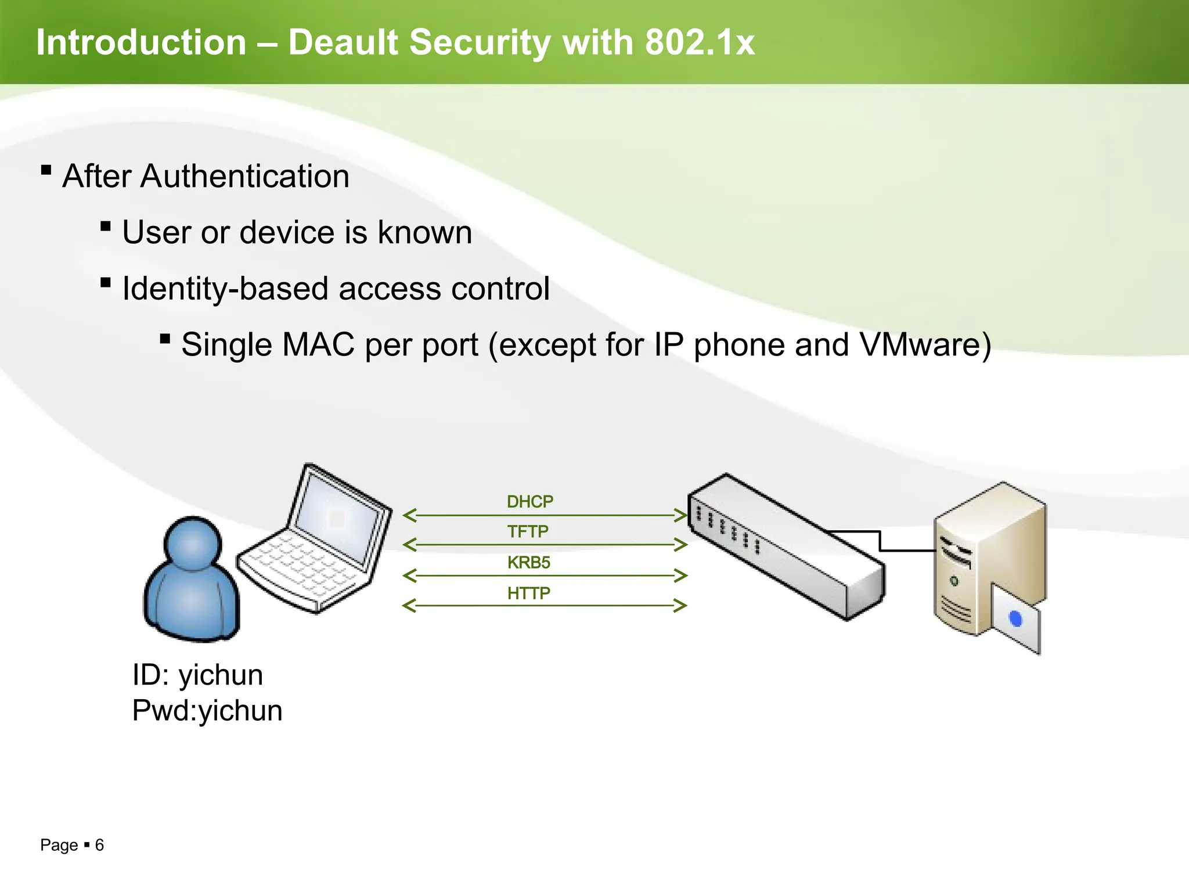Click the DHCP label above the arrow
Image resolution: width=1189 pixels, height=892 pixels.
coord(529,502)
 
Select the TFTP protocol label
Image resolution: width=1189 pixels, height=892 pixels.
coord(528,531)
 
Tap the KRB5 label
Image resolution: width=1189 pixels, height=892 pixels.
coord(528,562)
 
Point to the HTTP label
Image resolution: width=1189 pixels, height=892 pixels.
coord(528,593)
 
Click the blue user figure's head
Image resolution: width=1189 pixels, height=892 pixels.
coord(193,544)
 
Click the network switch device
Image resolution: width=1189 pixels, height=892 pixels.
coord(784,546)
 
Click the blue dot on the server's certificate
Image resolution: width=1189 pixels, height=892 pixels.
coord(1016,619)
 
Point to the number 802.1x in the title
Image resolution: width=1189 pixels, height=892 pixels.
coord(700,42)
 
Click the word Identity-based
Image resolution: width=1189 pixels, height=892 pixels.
coord(225,289)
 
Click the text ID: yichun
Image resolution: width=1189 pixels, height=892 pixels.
coord(197,675)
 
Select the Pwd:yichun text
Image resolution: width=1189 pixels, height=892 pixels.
coord(207,710)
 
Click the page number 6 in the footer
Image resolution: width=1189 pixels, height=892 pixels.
coord(99,845)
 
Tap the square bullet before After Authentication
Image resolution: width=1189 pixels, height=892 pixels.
coord(46,170)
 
